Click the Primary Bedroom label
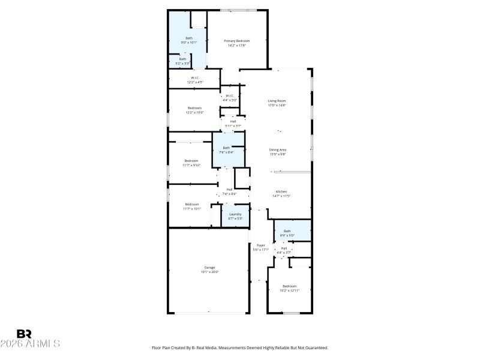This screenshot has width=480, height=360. pos(236,41)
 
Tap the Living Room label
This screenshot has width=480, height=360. pos(277,101)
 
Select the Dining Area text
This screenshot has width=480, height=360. pos(277,149)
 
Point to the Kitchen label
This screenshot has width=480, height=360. pos(281,191)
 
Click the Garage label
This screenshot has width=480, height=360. pos(209,268)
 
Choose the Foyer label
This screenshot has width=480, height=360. pos(260,245)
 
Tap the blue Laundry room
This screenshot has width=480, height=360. pos(235,216)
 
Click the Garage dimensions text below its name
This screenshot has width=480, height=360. pos(209,272)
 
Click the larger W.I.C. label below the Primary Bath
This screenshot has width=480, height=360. pos(195,77)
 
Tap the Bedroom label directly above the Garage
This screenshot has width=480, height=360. pos(191,204)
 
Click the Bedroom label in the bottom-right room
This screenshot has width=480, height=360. pos(289,286)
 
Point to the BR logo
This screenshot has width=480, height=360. pos(24,334)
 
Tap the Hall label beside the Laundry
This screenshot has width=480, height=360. pos(229,190)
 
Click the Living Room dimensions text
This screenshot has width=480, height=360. pos(277,105)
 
